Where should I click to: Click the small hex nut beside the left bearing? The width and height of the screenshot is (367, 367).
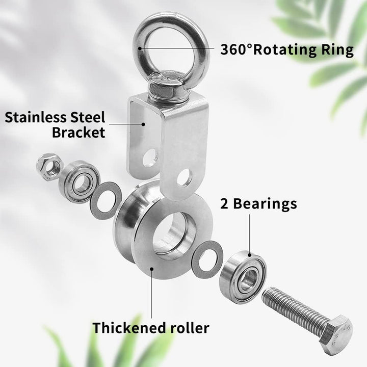pos(49,167)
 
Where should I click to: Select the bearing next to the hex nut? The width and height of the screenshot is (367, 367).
pos(79,181)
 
